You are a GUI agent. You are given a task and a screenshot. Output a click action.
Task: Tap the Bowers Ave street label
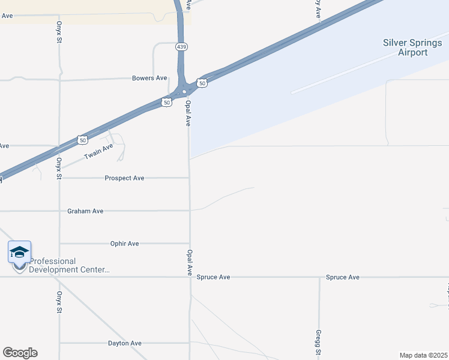[x=149, y=78]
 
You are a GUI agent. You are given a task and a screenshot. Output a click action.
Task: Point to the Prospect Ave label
[x=124, y=178]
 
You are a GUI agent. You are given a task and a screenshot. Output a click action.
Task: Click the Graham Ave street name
[x=85, y=211]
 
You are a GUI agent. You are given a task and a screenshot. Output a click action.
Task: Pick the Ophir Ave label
[x=124, y=244]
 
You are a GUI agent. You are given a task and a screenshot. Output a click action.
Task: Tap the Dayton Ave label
[x=124, y=343]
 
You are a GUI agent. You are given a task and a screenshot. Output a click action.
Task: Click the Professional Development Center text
[x=70, y=265]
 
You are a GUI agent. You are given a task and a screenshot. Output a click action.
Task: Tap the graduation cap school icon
[x=19, y=253]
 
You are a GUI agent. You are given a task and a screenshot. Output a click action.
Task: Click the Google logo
[x=20, y=353]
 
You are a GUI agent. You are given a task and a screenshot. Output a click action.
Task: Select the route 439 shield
[x=181, y=46]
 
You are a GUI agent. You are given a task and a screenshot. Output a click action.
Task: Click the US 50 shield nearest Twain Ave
[x=83, y=140]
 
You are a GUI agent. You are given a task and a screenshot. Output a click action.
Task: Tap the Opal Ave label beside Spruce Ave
[x=189, y=262]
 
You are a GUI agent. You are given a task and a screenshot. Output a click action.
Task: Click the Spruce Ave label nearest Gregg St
[x=342, y=277]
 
